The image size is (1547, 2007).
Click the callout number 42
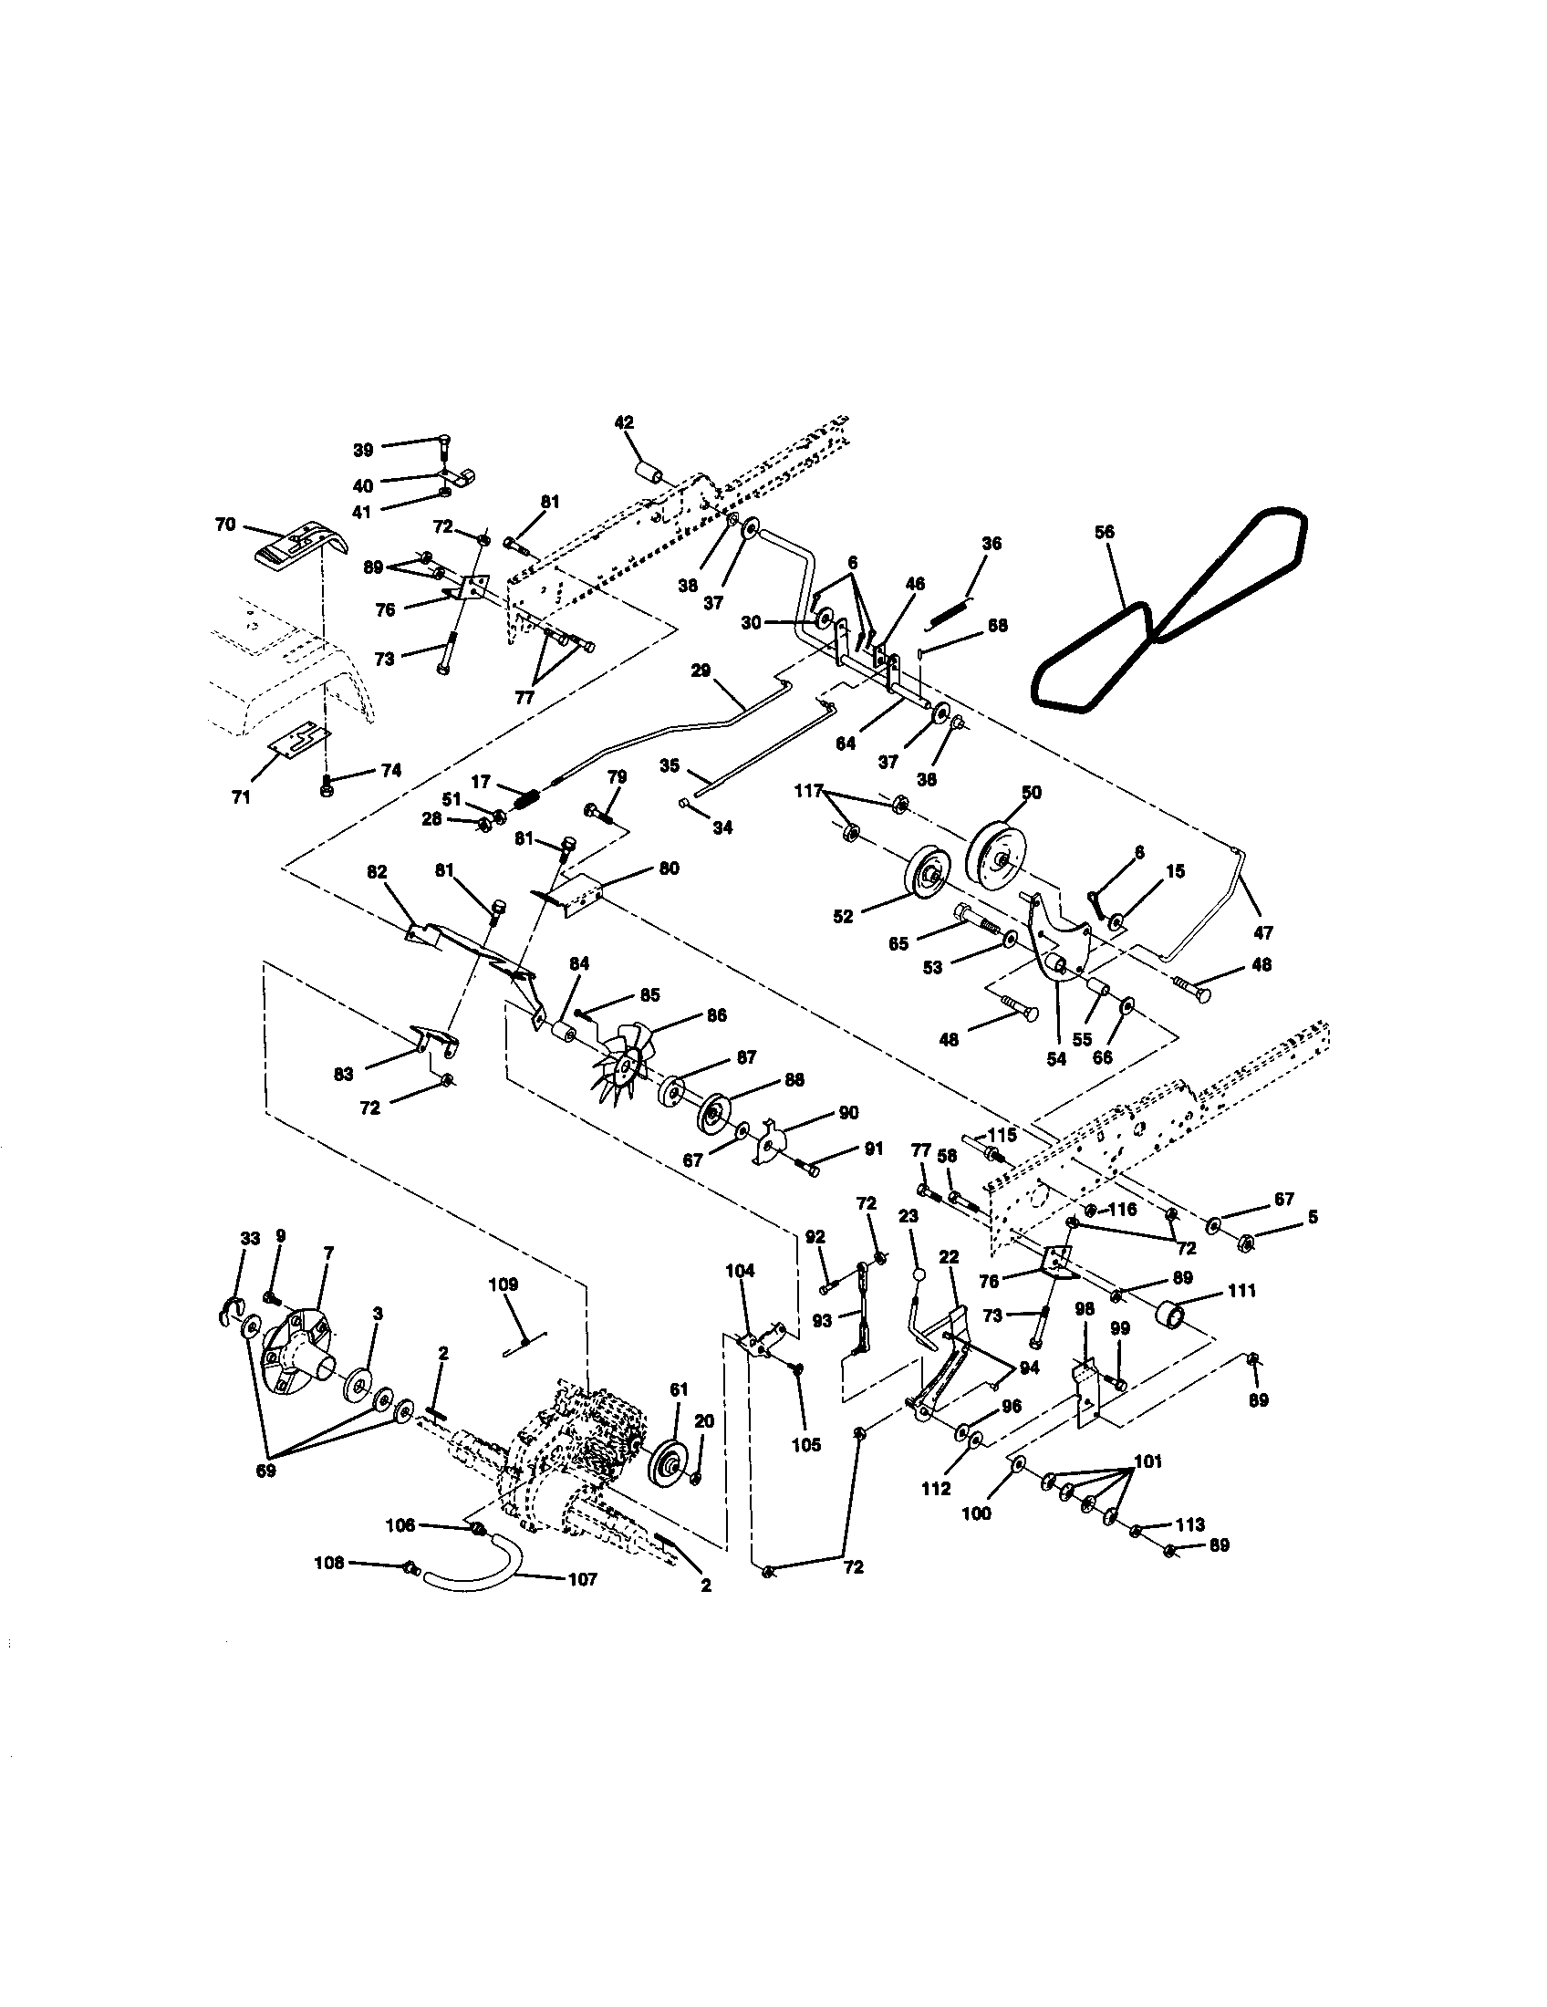coord(624,423)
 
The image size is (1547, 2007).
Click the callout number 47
coord(1263,932)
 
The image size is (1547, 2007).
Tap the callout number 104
coord(740,1271)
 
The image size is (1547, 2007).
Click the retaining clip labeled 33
coord(231,1311)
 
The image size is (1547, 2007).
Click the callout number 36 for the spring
coord(992,543)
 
